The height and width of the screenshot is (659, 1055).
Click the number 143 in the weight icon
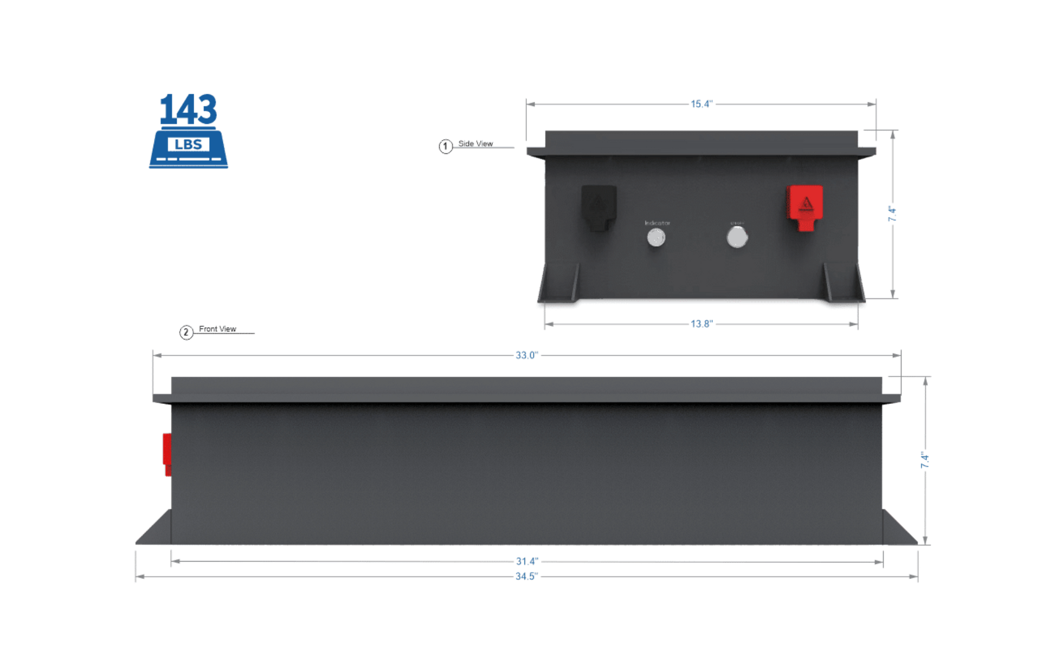click(x=188, y=109)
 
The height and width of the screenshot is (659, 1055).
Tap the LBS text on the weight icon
click(x=189, y=145)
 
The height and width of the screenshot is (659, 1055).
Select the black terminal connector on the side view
click(x=599, y=208)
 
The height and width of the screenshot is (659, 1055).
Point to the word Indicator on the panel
click(x=657, y=223)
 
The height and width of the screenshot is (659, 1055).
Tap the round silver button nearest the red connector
click(x=737, y=237)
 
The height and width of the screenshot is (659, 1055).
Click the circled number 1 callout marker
click(x=445, y=146)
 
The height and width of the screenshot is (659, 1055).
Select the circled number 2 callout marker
click(x=186, y=332)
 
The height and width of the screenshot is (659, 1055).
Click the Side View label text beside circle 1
click(x=476, y=144)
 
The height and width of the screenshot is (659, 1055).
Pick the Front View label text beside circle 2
click(x=217, y=329)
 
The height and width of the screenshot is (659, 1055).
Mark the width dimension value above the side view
click(x=701, y=105)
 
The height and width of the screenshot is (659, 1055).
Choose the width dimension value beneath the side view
click(x=701, y=324)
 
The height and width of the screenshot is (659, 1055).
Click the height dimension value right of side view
click(x=892, y=214)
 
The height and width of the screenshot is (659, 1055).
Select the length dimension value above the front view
click(x=526, y=356)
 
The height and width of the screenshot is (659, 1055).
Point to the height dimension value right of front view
click(x=925, y=460)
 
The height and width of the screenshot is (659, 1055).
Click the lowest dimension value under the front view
click(x=526, y=577)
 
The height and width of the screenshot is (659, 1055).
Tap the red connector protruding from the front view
click(x=166, y=454)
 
